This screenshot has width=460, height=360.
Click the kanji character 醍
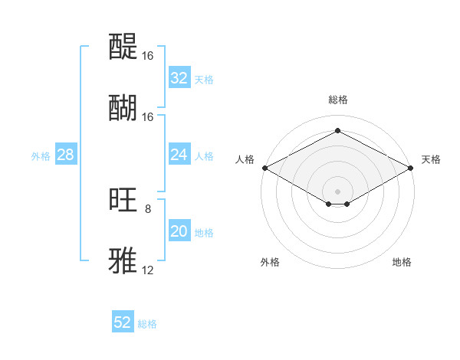click(x=123, y=47)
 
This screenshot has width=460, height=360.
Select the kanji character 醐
click(x=123, y=107)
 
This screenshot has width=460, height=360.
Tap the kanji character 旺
click(x=123, y=200)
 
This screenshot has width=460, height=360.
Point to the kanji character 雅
click(x=123, y=260)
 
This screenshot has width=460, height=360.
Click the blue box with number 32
click(x=179, y=78)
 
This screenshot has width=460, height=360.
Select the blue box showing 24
click(x=179, y=155)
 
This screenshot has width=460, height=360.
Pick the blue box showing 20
click(x=179, y=232)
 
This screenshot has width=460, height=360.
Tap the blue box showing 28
click(x=65, y=155)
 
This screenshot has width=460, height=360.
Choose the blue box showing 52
click(x=123, y=322)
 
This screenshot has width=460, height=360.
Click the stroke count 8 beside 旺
click(x=148, y=209)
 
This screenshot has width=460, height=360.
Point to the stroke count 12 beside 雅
click(x=148, y=270)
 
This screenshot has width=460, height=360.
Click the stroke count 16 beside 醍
click(x=148, y=56)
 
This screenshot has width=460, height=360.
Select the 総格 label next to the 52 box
click(x=147, y=324)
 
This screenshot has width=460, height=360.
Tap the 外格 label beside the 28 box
click(x=41, y=155)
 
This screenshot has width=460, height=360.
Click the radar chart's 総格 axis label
click(x=337, y=100)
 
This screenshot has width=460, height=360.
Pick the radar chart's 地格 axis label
click(x=402, y=262)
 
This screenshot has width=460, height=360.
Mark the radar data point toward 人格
click(x=264, y=167)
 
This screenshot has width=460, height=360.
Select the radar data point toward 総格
click(x=337, y=131)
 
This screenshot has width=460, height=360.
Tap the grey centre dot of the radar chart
click(x=337, y=191)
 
